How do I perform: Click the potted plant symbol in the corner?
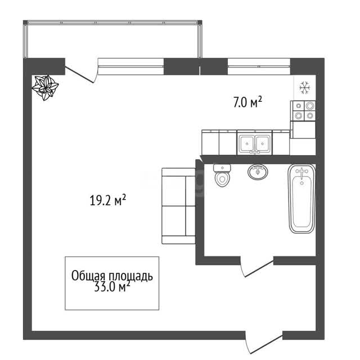click(x=45, y=88)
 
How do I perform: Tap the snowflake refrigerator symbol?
click(x=305, y=88)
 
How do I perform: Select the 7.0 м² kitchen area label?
click(x=247, y=102)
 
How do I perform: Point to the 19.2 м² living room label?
click(x=107, y=200)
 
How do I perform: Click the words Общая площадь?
click(x=112, y=276)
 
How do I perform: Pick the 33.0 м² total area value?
click(x=112, y=287)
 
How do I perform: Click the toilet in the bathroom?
click(x=222, y=175)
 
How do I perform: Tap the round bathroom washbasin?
click(x=258, y=172)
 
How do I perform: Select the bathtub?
click(x=301, y=199)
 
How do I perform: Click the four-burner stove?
click(x=303, y=111)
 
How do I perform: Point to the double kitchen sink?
click(x=255, y=143)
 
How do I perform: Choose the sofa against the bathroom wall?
click(x=178, y=206)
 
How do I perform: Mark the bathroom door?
click(x=258, y=268)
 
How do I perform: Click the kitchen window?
click(x=259, y=66)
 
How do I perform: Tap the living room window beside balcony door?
click(x=131, y=66)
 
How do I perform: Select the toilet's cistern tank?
click(x=222, y=168)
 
